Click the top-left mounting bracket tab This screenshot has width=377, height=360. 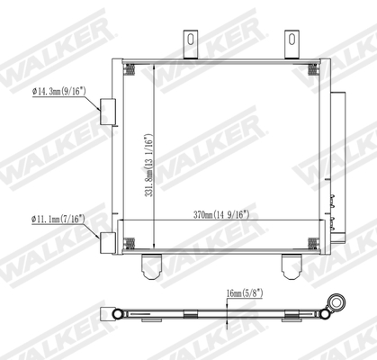(190, 42)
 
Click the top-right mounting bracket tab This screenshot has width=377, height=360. (292, 42)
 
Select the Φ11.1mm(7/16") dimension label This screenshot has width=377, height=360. (58, 218)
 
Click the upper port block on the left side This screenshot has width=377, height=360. (108, 112)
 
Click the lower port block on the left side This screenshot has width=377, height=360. (107, 242)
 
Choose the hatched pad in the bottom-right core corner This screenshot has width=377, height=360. (310, 241)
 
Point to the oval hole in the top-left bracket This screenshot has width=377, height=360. (190, 38)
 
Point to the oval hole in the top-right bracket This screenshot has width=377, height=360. (292, 38)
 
